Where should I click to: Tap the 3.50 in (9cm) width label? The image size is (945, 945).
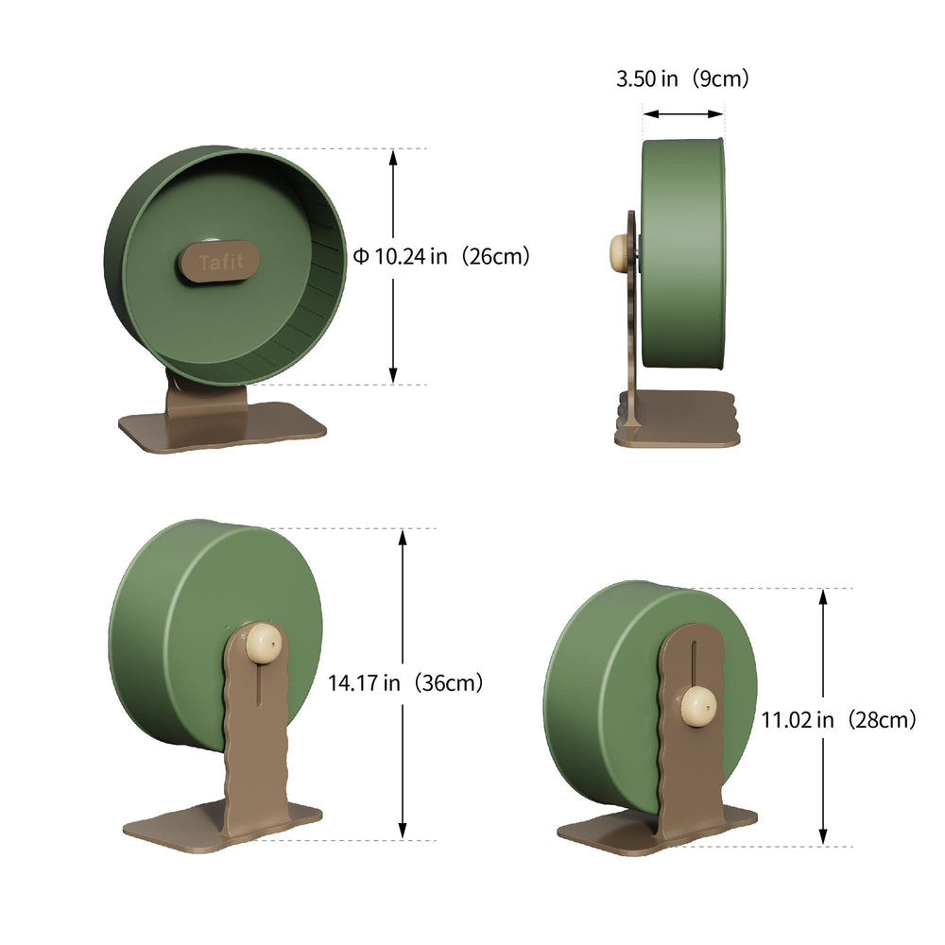[x=682, y=79]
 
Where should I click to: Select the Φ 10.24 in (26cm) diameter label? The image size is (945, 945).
[x=441, y=256]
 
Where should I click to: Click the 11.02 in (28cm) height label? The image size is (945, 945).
[x=838, y=720]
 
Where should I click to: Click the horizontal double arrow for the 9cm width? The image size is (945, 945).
[x=683, y=114]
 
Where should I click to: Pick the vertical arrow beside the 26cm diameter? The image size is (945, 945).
[x=393, y=266]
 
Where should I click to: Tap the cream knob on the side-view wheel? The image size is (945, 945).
[x=619, y=251]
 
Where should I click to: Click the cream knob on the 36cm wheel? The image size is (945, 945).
[x=264, y=644]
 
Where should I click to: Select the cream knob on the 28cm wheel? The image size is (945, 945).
[x=698, y=705]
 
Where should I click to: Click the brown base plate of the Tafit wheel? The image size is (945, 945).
[x=222, y=430]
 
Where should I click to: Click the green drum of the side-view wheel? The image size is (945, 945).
[x=683, y=253]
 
